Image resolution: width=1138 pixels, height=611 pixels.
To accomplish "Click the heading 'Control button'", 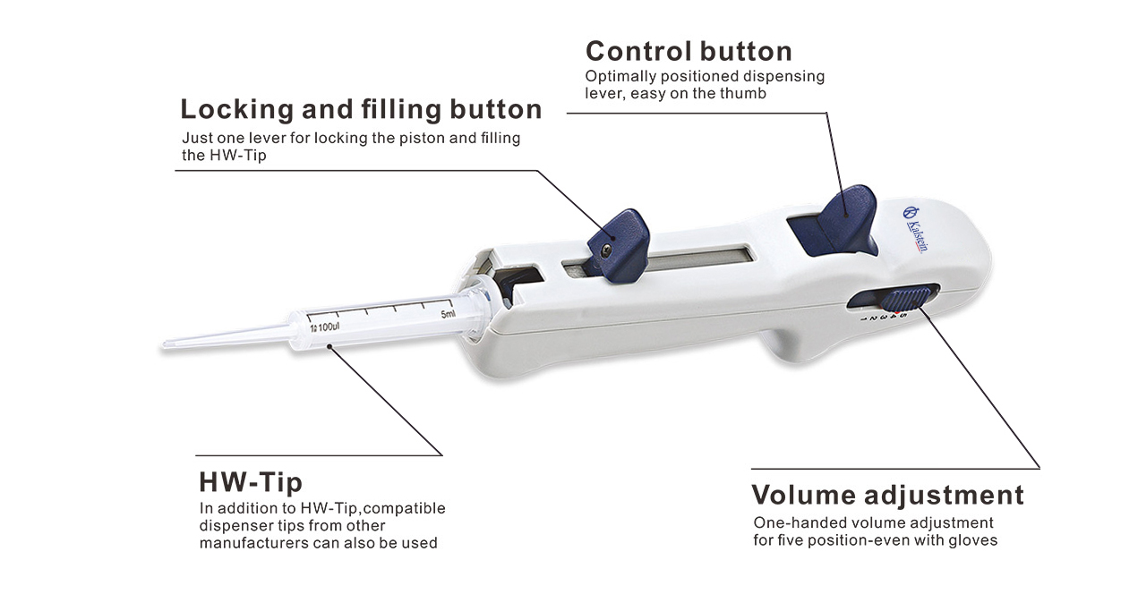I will (x=688, y=50).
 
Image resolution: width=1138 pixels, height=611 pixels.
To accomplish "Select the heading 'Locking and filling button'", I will (x=361, y=109).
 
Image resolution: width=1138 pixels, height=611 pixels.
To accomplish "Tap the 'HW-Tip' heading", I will (x=250, y=483).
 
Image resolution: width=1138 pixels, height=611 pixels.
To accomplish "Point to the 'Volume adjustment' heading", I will (x=886, y=495).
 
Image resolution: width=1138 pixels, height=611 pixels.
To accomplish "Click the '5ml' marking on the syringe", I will (x=448, y=314).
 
